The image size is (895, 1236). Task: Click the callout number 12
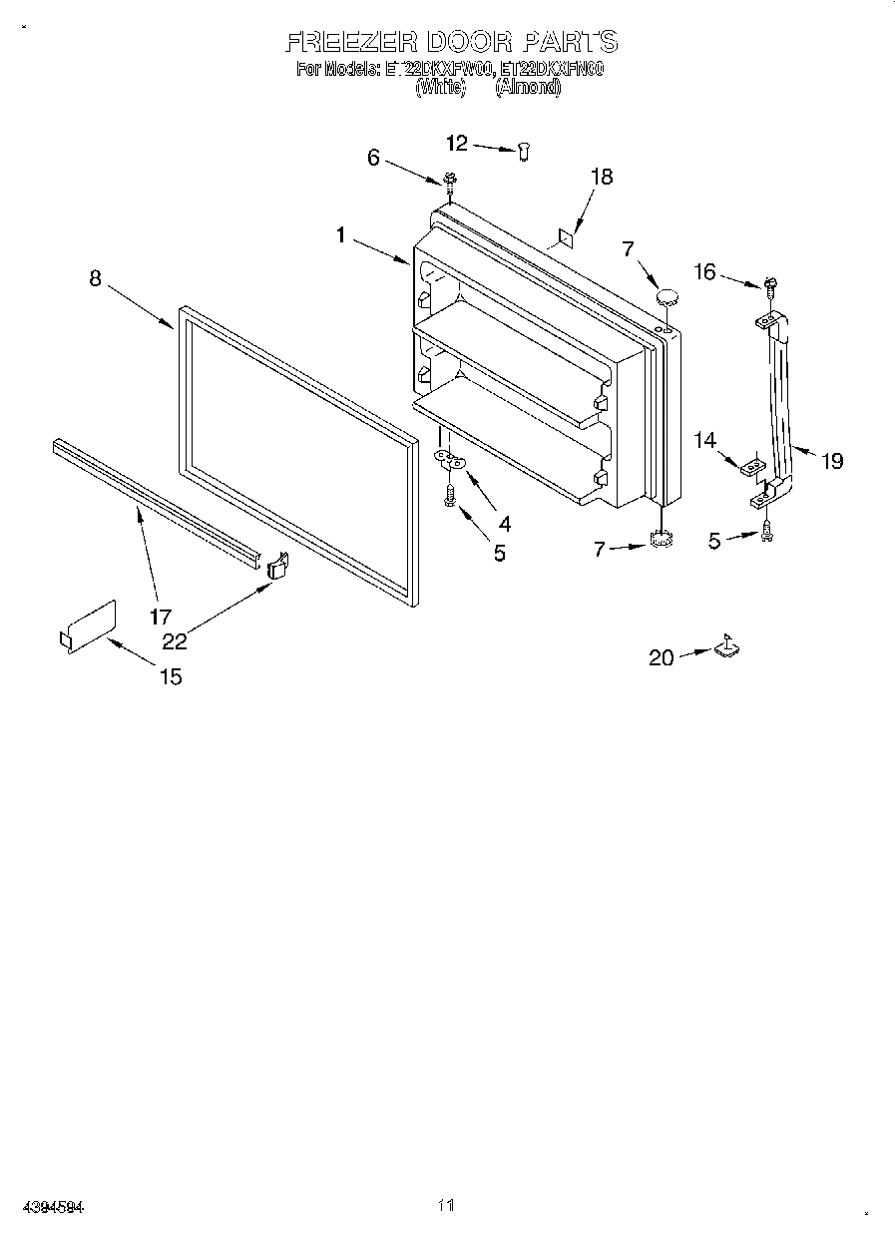456,144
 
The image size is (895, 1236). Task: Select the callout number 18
601,177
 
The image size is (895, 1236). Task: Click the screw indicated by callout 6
450,181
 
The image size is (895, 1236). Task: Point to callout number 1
340,235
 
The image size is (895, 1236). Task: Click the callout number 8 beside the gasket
95,278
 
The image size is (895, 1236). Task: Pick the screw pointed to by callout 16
770,285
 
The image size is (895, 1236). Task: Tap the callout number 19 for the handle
831,460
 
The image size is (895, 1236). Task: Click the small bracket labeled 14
754,464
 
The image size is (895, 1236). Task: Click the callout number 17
161,617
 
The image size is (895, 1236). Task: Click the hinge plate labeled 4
452,460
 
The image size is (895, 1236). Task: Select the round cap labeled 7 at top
667,295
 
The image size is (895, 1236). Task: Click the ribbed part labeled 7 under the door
660,540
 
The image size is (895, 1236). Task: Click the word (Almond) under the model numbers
528,87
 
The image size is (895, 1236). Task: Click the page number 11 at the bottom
446,1205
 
